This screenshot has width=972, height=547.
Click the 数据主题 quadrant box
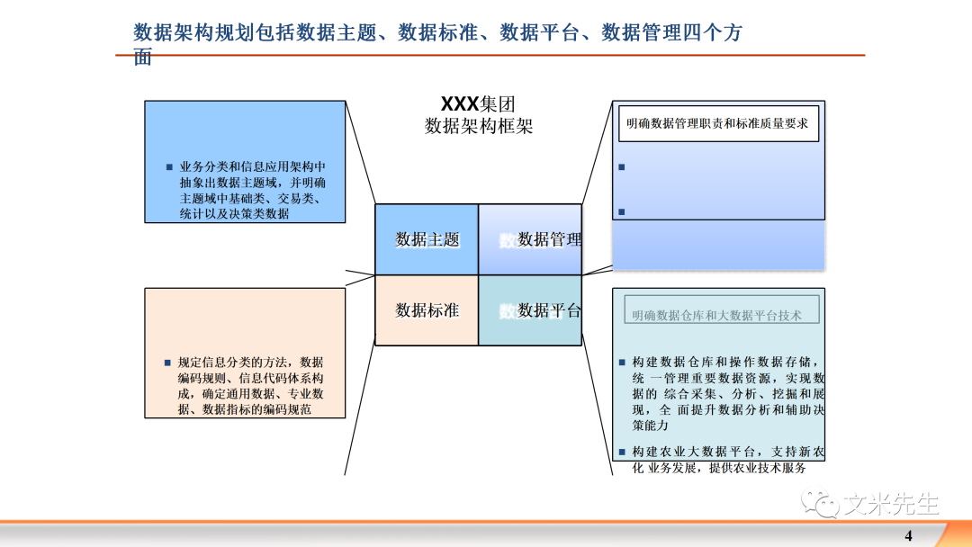click(x=427, y=239)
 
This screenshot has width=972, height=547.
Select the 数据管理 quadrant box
click(x=530, y=239)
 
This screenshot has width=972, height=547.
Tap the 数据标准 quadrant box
click(x=427, y=310)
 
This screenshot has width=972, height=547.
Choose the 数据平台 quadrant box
click(x=530, y=310)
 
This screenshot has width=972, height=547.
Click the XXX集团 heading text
click(x=478, y=103)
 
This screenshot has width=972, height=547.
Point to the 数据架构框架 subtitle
click(x=479, y=126)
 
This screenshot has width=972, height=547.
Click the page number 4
click(x=908, y=536)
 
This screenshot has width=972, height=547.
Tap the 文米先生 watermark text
click(x=891, y=504)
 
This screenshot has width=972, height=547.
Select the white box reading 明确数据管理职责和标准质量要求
click(x=717, y=123)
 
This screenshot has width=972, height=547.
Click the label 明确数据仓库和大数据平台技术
click(x=716, y=316)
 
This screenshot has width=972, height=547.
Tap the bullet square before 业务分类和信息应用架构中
click(x=168, y=167)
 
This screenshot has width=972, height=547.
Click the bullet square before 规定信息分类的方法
click(x=167, y=363)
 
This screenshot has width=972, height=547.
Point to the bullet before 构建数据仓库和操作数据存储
click(x=623, y=363)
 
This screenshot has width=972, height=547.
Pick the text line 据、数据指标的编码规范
click(x=244, y=409)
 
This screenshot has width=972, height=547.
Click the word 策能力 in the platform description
click(x=651, y=426)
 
